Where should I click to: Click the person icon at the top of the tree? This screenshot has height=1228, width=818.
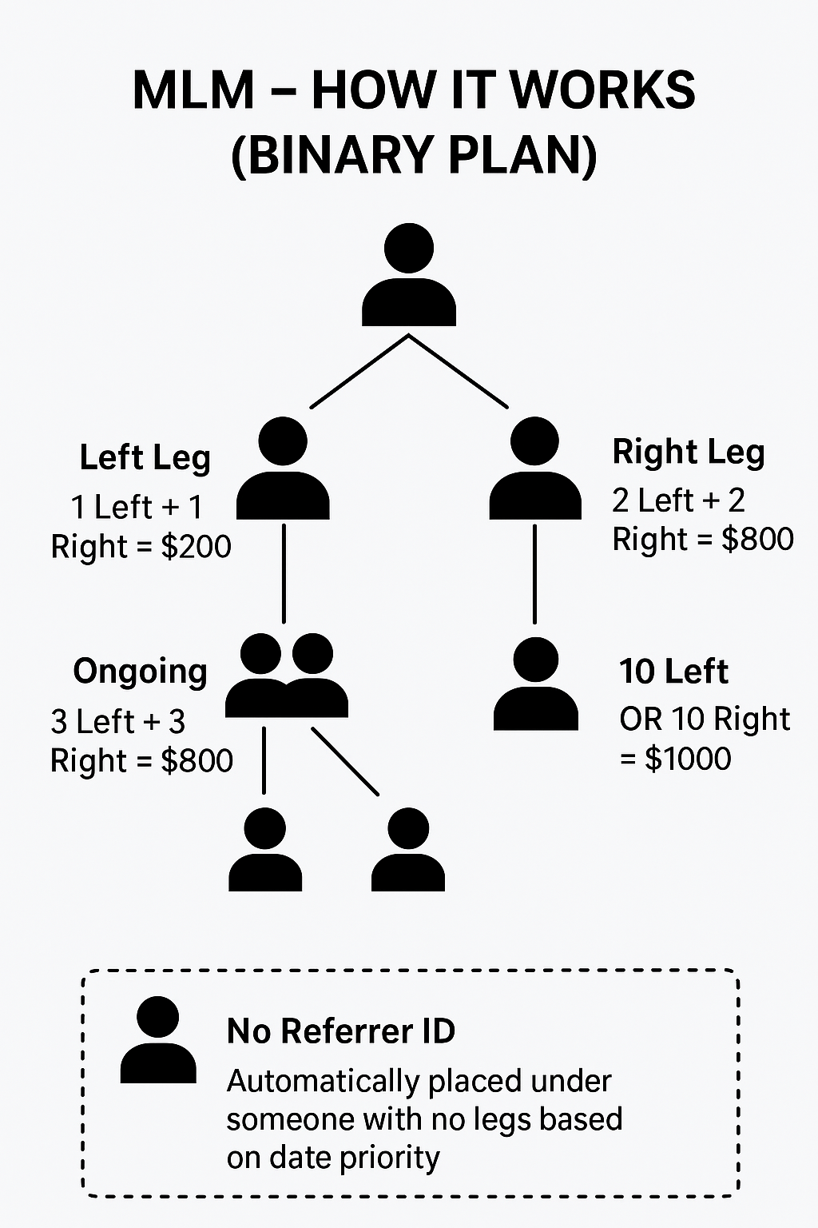(x=408, y=276)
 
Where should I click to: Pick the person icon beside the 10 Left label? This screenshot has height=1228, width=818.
(x=535, y=685)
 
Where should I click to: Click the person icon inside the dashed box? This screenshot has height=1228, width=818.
(x=158, y=1040)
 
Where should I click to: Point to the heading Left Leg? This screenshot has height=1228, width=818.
(x=145, y=458)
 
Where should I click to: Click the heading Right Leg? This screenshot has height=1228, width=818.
(x=688, y=452)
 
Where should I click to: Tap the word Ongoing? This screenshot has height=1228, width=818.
(x=140, y=672)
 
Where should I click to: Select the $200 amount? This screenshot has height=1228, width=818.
(x=196, y=547)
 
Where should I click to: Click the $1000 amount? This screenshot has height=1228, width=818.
(x=688, y=758)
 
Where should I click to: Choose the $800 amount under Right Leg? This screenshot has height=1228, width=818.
(x=757, y=539)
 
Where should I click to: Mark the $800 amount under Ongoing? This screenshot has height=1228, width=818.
(x=197, y=760)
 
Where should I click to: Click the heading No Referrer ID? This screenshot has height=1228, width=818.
(x=341, y=1031)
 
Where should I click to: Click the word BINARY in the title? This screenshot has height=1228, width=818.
(x=333, y=154)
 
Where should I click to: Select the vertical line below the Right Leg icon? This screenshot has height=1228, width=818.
(x=534, y=572)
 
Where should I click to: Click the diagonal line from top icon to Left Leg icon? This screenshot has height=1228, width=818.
(x=359, y=372)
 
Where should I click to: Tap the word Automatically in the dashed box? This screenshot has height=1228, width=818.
(x=323, y=1081)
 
